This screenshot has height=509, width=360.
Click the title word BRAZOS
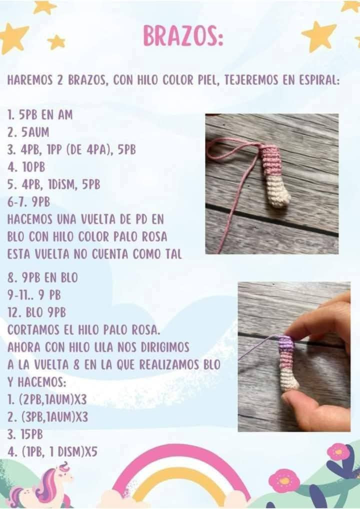182,36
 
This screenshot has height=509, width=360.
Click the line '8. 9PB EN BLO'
42,276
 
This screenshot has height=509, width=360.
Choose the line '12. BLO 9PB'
36,312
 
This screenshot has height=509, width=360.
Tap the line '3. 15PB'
25,434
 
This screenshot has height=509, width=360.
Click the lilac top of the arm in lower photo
285,343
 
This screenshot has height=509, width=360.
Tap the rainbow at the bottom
180,475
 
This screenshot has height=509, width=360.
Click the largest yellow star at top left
12,38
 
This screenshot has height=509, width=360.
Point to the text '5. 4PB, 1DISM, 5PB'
53,184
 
